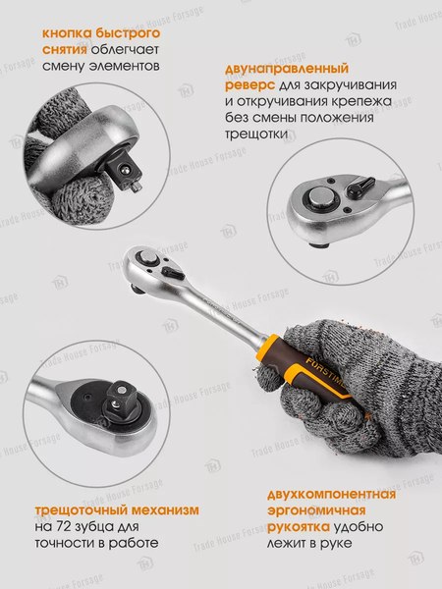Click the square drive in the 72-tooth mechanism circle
pyautogui.click(x=105, y=402)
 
